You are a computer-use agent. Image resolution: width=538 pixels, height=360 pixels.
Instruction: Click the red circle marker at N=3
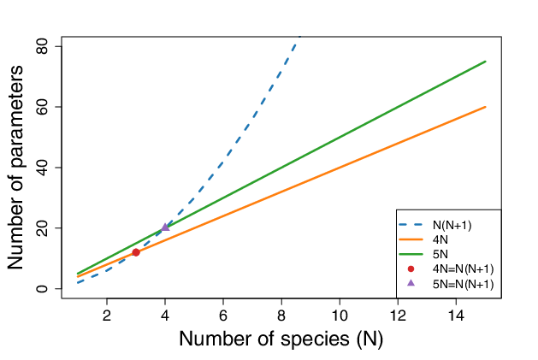pyautogui.click(x=136, y=252)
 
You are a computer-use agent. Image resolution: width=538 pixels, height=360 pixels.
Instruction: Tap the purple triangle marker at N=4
pyautogui.click(x=165, y=227)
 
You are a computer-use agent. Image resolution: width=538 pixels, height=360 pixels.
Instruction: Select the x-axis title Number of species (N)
pyautogui.click(x=281, y=339)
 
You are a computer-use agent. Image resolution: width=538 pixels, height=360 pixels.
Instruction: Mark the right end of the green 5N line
pyautogui.click(x=485, y=62)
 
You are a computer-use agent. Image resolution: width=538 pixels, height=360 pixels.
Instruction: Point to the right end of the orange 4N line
pyautogui.click(x=485, y=107)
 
